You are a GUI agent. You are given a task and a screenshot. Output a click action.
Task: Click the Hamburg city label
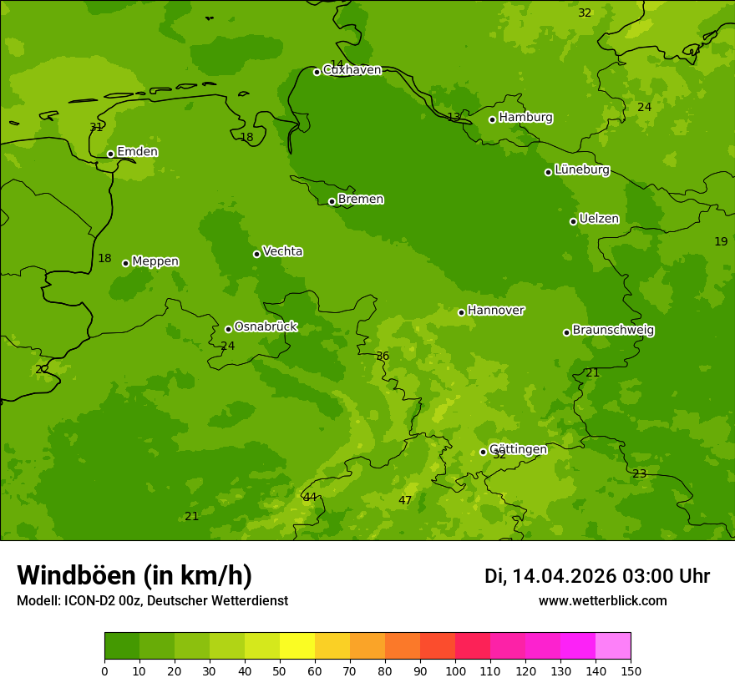525,118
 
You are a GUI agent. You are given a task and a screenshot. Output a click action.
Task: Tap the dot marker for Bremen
332,201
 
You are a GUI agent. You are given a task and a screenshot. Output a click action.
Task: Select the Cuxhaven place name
352,70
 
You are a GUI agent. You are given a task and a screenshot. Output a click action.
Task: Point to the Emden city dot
110,154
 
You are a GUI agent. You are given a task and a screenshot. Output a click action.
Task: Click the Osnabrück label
266,326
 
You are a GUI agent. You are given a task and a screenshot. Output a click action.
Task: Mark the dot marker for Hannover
461,312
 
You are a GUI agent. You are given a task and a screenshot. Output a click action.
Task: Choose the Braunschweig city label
613,330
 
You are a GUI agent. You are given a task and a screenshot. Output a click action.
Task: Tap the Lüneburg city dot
548,172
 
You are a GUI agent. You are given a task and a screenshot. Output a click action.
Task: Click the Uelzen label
599,219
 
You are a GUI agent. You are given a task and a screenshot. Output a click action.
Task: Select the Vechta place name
282,251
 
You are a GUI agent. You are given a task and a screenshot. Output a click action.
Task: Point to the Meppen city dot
125,263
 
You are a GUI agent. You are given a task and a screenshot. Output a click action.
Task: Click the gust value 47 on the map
405,501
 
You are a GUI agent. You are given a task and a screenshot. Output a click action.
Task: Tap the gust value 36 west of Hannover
383,357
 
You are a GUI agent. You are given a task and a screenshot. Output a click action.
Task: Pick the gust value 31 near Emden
96,128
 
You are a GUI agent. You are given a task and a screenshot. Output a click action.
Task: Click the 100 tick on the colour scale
455,670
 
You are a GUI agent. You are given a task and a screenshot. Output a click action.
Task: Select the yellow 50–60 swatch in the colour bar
297,646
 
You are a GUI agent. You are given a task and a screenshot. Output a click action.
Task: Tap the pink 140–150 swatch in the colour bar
613,646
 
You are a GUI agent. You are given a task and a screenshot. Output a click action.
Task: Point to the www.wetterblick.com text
602,601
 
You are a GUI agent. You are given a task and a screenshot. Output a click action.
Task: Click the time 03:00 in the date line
644,576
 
